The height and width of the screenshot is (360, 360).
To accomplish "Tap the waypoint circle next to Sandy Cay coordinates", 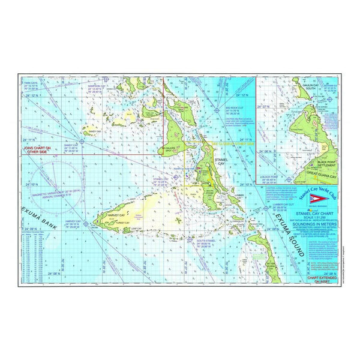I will pos(83,142).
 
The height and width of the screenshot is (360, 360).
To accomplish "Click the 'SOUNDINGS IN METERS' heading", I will pos(296,223).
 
